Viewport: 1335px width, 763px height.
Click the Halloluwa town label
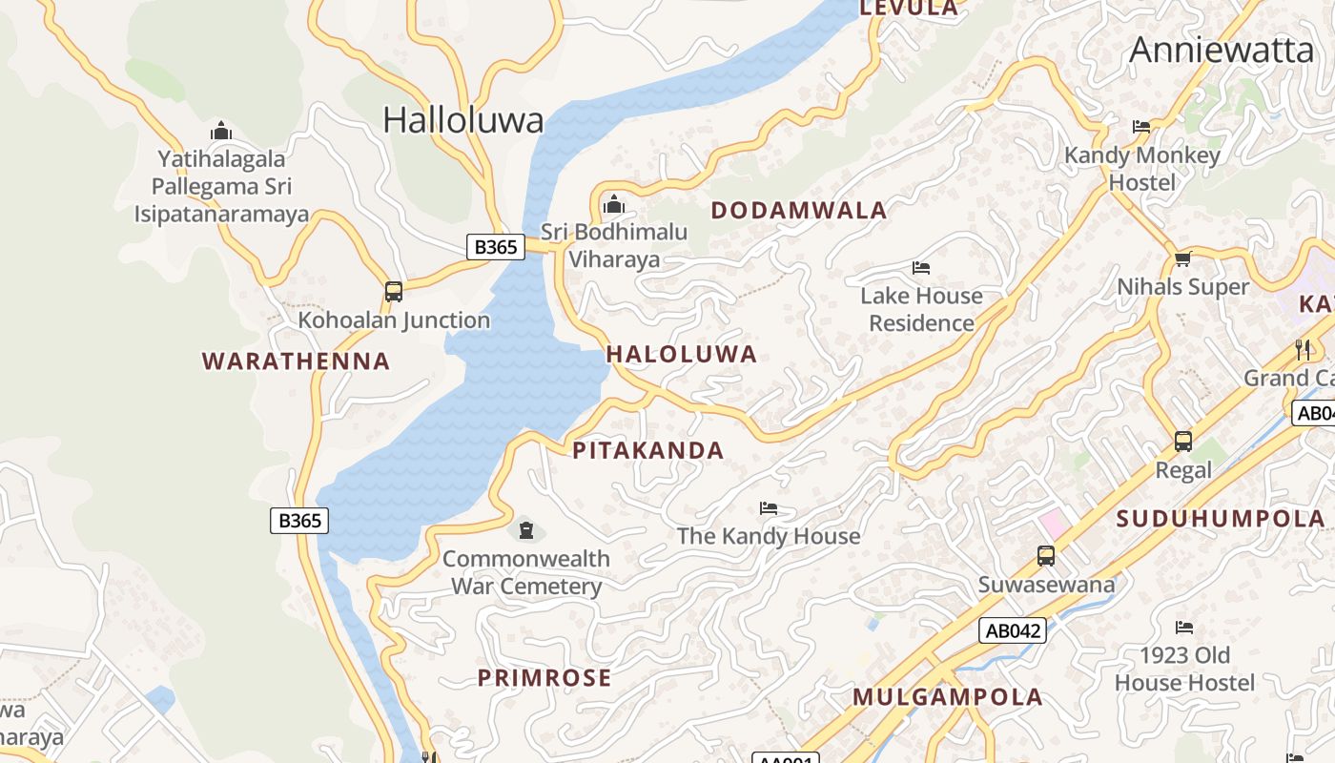coord(463,120)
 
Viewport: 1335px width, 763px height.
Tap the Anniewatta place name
coord(1222,50)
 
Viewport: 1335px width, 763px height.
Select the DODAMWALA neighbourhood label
coord(799,211)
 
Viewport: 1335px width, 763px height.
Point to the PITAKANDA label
coord(648,450)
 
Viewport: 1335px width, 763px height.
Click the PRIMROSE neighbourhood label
coord(544,678)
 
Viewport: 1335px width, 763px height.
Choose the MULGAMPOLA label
coord(948,697)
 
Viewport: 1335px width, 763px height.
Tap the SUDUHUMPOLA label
coord(1221,519)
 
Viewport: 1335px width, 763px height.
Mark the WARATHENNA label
coord(297,361)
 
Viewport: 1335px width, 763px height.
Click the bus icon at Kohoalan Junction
coord(394,292)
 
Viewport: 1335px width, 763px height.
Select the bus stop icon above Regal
coord(1183,442)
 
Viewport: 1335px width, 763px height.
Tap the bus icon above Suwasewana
coord(1046,556)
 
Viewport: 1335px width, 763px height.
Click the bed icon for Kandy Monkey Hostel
coord(1141,127)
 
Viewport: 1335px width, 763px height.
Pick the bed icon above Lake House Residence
coord(921,268)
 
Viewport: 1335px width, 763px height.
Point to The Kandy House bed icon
coord(769,508)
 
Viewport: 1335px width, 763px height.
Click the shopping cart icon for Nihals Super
coord(1183,258)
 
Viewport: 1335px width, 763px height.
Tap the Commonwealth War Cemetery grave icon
coord(526,530)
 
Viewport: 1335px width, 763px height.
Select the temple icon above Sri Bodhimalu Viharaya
coord(614,204)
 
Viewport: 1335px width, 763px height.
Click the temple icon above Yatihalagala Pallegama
coord(221,131)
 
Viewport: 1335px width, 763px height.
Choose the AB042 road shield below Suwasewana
coord(1012,630)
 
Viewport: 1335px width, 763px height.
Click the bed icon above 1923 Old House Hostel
coord(1184,628)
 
